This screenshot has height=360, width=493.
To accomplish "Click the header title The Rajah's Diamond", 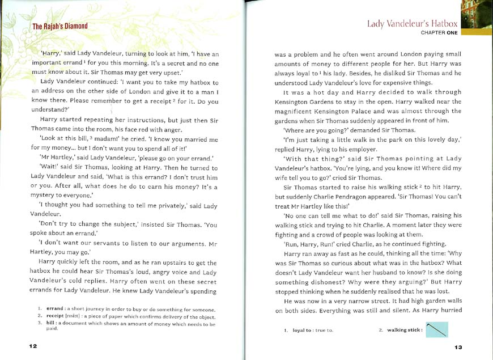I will [x=59, y=26].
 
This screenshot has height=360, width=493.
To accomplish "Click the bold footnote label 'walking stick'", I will [x=405, y=330].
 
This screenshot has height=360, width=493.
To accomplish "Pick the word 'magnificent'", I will [x=298, y=111].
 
